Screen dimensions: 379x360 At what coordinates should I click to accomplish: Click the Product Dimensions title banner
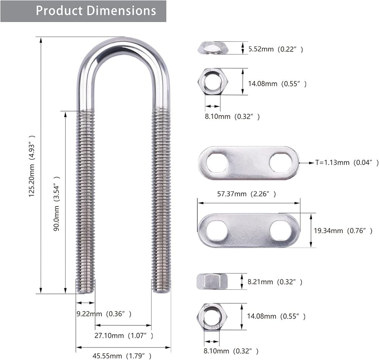click(x=83, y=11)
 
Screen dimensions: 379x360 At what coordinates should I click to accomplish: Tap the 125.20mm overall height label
click(x=32, y=166)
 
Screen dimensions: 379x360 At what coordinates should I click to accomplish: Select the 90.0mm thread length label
click(x=56, y=204)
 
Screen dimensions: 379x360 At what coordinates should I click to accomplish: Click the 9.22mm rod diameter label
click(x=104, y=314)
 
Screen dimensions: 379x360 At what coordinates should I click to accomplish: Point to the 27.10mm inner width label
click(x=124, y=336)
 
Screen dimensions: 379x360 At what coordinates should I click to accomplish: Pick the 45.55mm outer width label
click(x=122, y=356)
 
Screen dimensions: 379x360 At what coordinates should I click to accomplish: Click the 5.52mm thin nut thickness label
click(x=276, y=49)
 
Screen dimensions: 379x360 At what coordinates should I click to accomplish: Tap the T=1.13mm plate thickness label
click(x=347, y=162)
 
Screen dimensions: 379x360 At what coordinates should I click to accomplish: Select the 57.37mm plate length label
click(x=247, y=194)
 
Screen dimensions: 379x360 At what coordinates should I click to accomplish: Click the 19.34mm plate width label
click(x=343, y=231)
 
